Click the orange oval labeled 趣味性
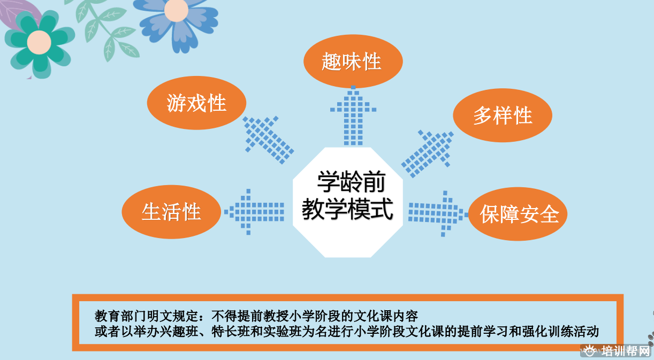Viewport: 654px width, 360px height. [353, 62]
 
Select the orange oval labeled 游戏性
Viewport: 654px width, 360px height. [196, 103]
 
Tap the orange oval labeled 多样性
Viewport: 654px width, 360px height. [503, 115]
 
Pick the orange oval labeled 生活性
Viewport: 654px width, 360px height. [171, 212]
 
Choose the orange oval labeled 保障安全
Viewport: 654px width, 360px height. [518, 214]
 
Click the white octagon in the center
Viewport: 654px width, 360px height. [348, 202]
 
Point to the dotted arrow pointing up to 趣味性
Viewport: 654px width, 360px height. [353, 116]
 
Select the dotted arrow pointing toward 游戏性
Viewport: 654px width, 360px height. [268, 140]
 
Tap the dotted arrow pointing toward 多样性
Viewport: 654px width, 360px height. [428, 154]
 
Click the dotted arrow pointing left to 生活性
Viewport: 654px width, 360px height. [254, 212]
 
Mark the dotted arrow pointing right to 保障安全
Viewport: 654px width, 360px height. [438, 214]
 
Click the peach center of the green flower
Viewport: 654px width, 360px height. [39, 42]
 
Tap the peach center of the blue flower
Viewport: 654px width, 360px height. [176, 10]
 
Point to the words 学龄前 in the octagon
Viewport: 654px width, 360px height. [351, 182]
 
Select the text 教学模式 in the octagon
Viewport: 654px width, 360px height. [347, 209]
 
